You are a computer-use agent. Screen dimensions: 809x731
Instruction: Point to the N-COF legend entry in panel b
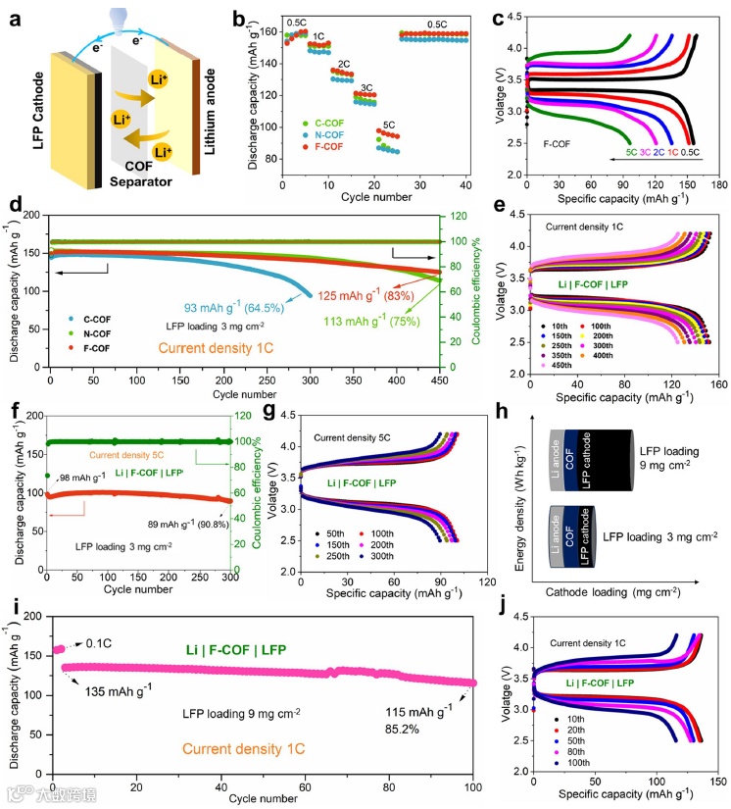[x=331, y=133]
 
